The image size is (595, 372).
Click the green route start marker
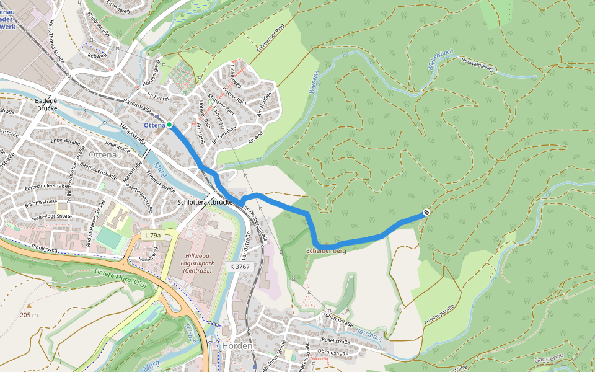(169, 125)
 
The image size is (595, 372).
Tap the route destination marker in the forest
(426, 213)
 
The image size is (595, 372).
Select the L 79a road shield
(152, 235)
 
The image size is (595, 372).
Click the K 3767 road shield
(239, 266)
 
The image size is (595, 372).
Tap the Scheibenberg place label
(325, 251)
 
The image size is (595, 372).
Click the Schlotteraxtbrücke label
(205, 203)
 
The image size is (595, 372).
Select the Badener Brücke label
(46, 104)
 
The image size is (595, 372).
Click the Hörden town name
(237, 346)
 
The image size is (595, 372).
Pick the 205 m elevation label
(29, 315)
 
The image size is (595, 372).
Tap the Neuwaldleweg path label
(477, 64)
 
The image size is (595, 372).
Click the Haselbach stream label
(369, 333)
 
